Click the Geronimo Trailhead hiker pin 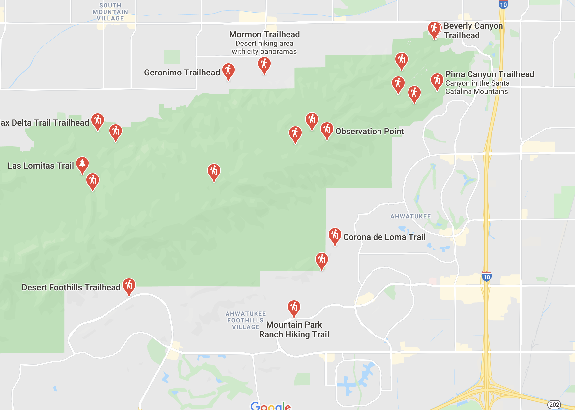[228, 71]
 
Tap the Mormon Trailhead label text [264, 34]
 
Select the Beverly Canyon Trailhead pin [434, 29]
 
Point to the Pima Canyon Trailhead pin [437, 81]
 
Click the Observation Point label [369, 131]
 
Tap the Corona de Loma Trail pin [335, 236]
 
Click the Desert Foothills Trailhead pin [129, 286]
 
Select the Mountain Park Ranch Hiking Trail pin [294, 307]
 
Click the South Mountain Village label [110, 12]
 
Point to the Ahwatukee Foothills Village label [246, 320]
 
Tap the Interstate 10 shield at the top [503, 4]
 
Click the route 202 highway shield [554, 404]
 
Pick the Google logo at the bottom [270, 406]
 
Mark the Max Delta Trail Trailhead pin [98, 121]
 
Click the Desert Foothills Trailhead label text [71, 287]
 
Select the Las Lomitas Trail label [41, 166]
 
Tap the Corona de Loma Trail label [384, 237]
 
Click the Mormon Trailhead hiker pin [264, 64]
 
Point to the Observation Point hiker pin [327, 130]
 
